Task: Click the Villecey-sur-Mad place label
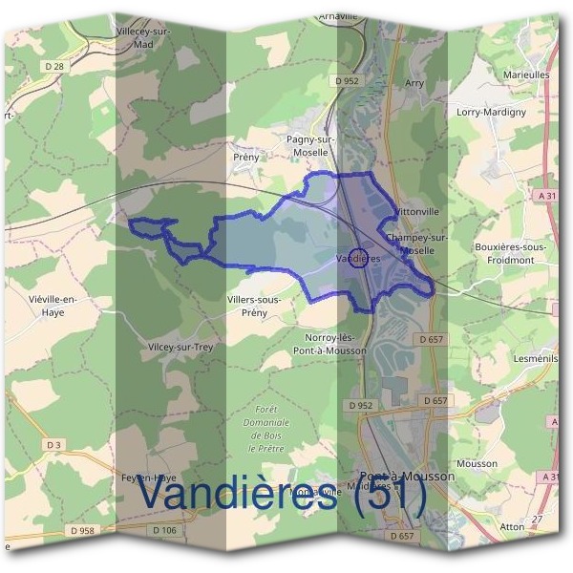(x=143, y=37)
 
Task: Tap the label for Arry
(x=414, y=84)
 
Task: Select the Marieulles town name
(x=525, y=73)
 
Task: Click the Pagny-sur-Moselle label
(x=308, y=145)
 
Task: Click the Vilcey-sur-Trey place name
(x=180, y=348)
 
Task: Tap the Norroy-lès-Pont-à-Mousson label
(x=332, y=344)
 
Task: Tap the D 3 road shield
(x=53, y=445)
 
